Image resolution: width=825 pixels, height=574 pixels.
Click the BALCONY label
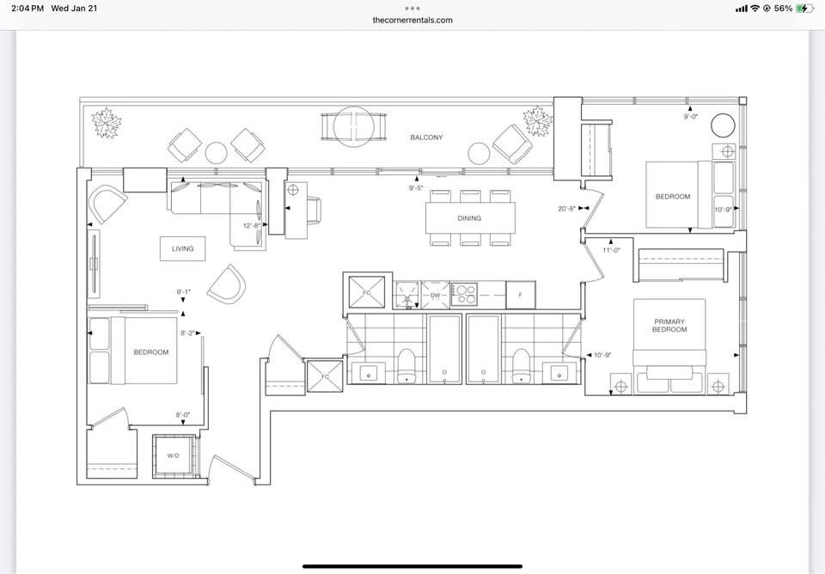click(426, 137)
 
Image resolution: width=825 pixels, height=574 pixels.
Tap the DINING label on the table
click(469, 217)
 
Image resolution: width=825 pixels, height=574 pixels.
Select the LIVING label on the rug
click(182, 248)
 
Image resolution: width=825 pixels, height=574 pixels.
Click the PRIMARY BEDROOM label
click(669, 325)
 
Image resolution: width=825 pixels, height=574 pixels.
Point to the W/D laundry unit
click(174, 455)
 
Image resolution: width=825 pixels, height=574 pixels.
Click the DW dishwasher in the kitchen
click(435, 295)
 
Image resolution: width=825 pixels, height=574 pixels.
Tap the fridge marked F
click(521, 295)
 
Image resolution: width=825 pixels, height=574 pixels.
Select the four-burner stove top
click(464, 295)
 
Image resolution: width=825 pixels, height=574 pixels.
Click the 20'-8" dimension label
click(566, 208)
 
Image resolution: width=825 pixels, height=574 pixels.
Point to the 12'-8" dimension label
click(252, 226)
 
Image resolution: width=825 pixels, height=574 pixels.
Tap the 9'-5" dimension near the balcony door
click(416, 187)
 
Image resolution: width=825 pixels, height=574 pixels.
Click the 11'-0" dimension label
click(611, 250)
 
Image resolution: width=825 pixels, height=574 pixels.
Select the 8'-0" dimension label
click(183, 414)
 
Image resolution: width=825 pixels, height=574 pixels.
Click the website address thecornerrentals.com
click(412, 20)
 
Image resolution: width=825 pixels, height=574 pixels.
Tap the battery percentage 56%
click(783, 9)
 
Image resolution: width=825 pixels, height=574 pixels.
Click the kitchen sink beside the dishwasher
click(406, 295)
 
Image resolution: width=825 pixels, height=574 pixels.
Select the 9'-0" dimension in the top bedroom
click(690, 117)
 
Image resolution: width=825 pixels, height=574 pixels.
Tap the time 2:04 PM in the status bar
click(27, 9)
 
